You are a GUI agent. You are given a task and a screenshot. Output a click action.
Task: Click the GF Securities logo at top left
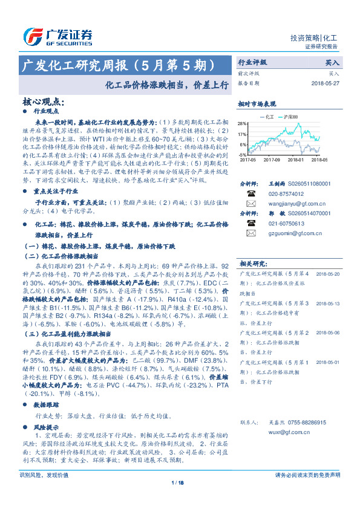pyautogui.click(x=57, y=36)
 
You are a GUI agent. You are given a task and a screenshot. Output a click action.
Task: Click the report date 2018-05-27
pyautogui.click(x=326, y=83)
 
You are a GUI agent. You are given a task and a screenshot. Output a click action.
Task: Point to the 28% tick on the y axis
pyautogui.click(x=242, y=123)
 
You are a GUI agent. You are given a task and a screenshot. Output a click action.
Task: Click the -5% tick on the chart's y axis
pyautogui.click(x=242, y=155)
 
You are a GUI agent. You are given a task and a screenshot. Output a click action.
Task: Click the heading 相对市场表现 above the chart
pyautogui.click(x=257, y=103)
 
